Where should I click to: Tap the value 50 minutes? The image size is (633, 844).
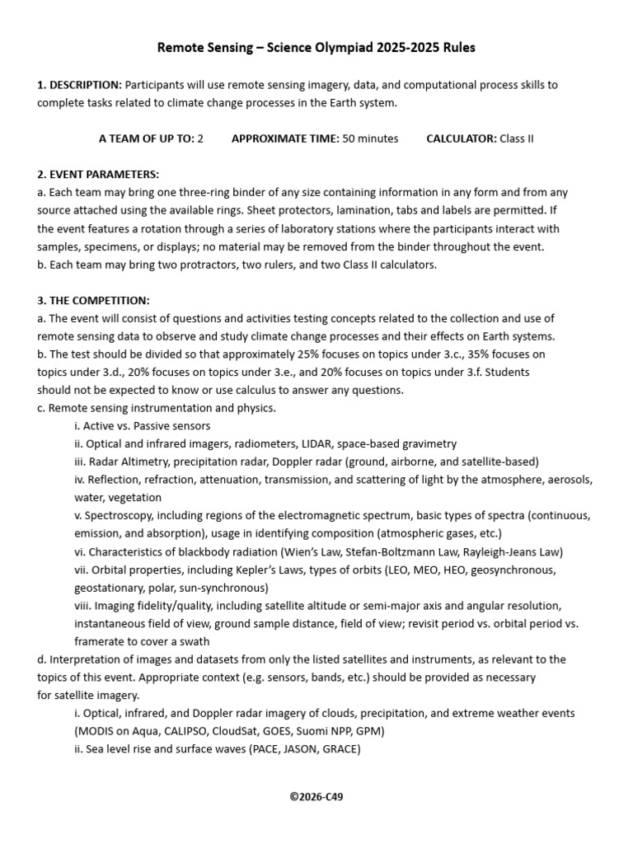click(370, 138)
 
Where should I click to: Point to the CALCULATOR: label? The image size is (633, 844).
click(461, 138)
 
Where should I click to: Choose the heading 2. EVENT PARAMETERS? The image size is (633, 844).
click(98, 175)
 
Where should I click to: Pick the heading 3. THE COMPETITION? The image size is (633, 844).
click(93, 300)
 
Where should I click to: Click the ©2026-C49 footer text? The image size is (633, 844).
click(316, 797)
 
